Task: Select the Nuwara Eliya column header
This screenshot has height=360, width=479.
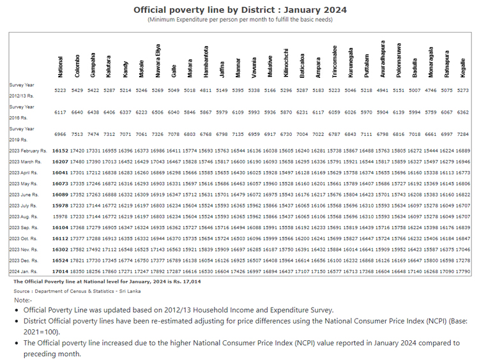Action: click(158, 61)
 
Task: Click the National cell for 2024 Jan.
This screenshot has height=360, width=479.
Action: click(61, 271)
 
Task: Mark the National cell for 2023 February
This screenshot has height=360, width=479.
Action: click(61, 150)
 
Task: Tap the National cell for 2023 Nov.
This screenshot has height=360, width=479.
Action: click(61, 250)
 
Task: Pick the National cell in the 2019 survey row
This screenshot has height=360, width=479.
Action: click(61, 135)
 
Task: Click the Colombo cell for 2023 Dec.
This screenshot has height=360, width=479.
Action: click(77, 260)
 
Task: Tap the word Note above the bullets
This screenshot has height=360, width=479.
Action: click(22, 299)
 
